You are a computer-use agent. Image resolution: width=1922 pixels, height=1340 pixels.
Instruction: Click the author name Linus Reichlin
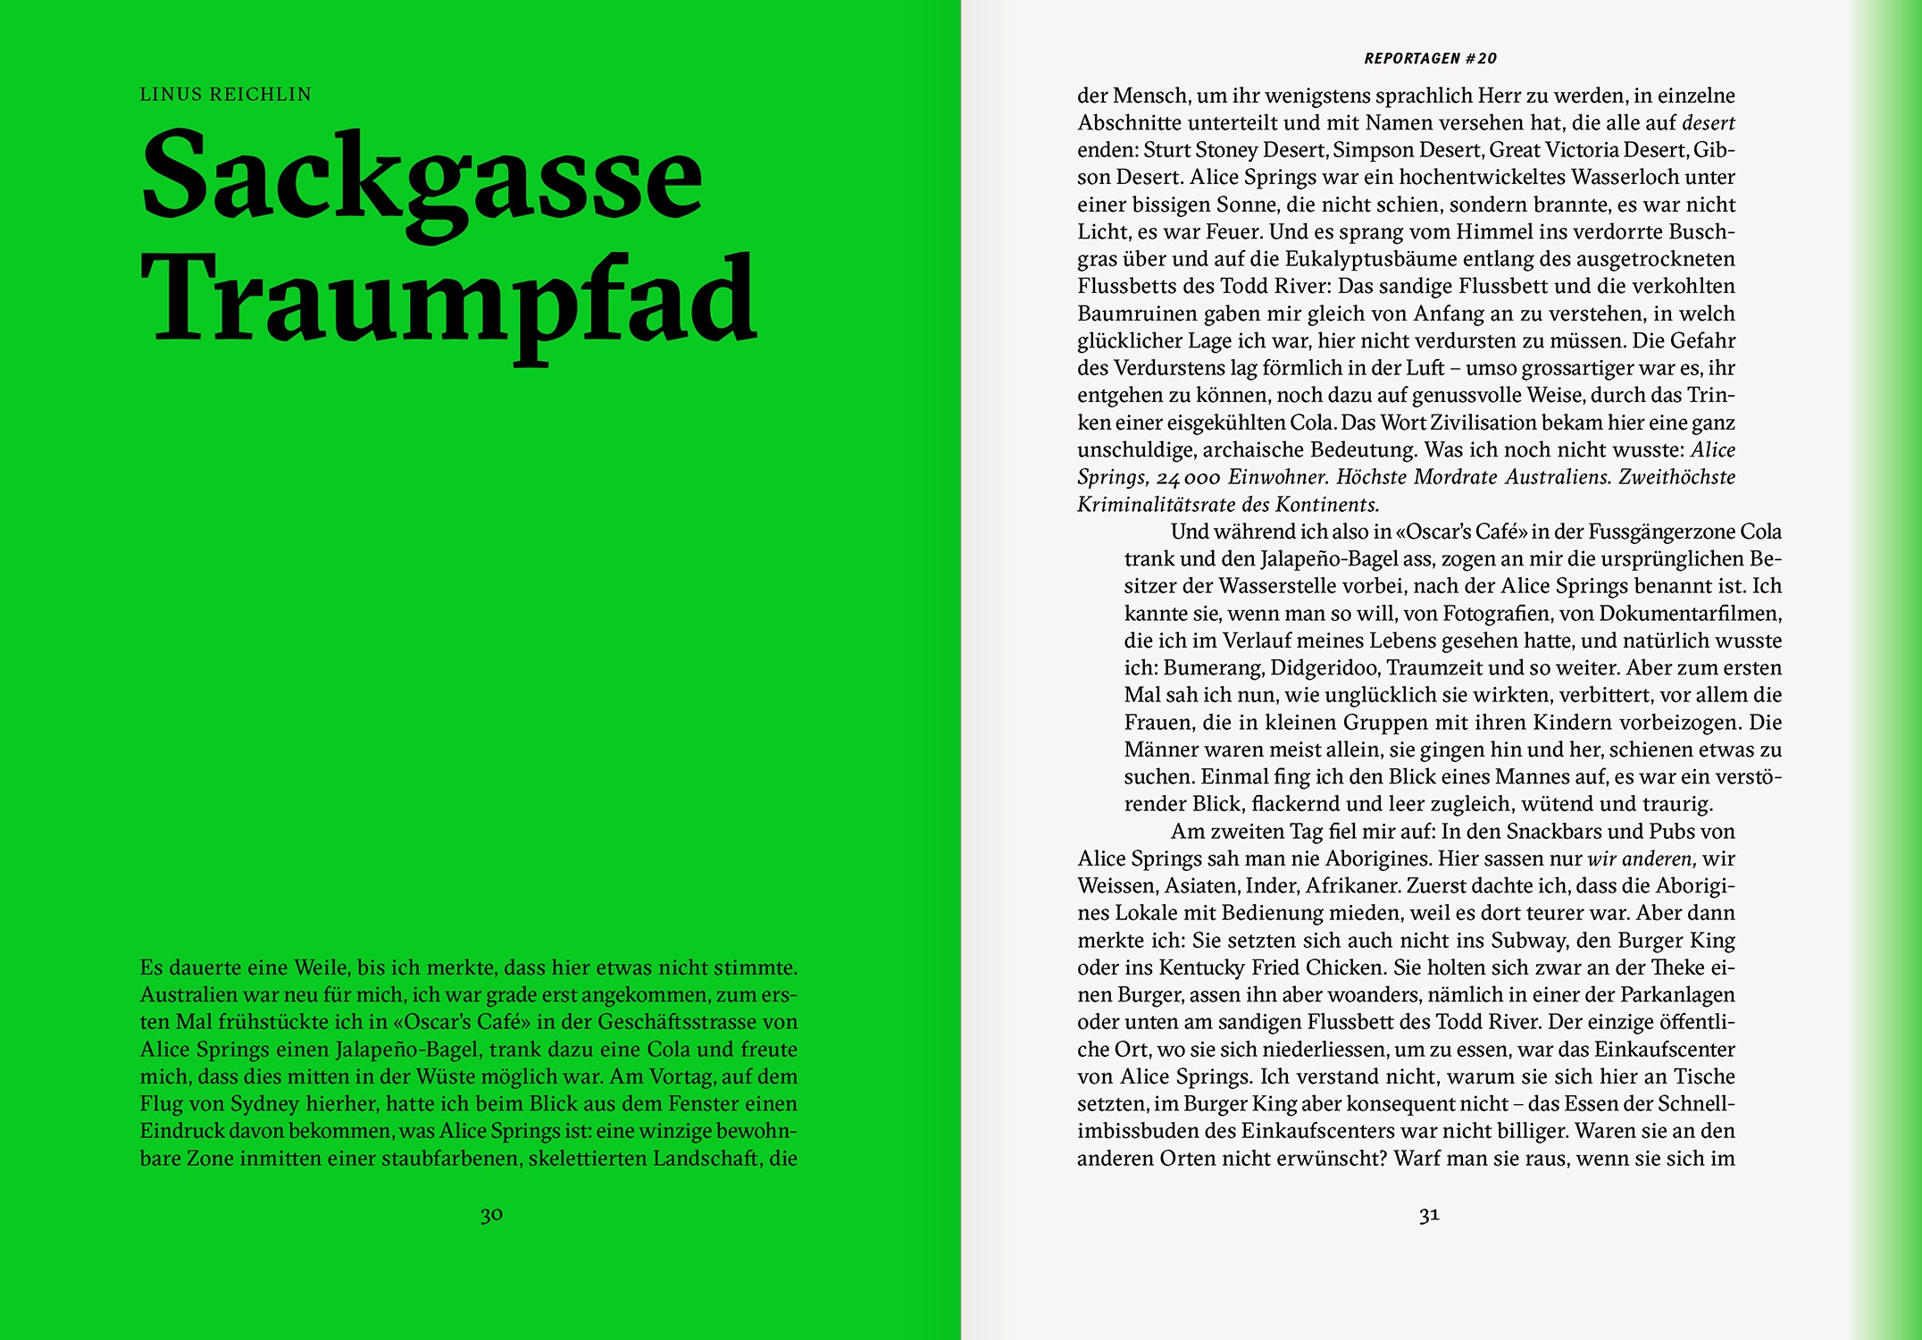coord(225,95)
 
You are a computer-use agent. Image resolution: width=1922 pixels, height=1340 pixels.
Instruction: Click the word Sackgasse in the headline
coord(422,176)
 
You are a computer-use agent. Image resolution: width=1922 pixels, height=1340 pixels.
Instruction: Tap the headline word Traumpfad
coord(448,299)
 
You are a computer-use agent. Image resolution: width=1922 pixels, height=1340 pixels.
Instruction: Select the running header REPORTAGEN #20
coord(1430,59)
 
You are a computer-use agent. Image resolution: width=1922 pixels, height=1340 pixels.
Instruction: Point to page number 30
coord(491,1215)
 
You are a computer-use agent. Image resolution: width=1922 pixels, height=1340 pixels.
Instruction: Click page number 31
coord(1429,1215)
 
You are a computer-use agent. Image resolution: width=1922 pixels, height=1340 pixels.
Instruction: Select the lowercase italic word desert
coord(1708,123)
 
